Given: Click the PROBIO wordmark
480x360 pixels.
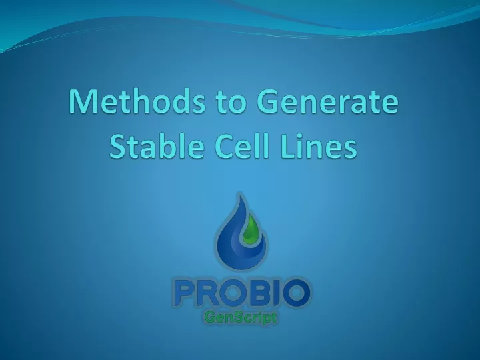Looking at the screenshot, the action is click(242, 293).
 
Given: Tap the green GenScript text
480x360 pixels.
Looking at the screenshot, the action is click(241, 317).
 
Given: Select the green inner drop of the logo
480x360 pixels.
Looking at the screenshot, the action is click(251, 229).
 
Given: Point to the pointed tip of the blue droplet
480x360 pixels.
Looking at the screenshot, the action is click(240, 193).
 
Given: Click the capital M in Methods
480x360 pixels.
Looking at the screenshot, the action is click(82, 101).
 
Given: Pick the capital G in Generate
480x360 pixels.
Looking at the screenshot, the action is click(267, 101).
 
